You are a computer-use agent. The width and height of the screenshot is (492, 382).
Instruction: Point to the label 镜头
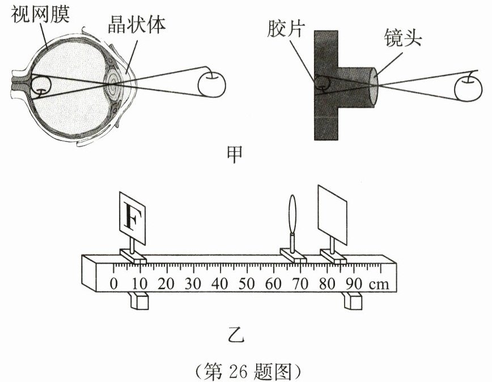pos(402,38)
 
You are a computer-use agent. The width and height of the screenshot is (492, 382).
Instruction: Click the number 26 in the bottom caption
pos(237,371)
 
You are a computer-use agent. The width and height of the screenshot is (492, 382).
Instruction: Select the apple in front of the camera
pos(469,87)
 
